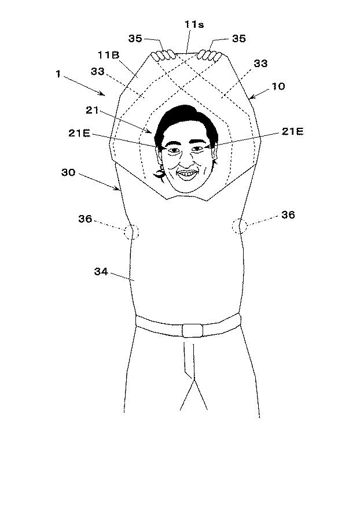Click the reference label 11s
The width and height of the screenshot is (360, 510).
click(194, 24)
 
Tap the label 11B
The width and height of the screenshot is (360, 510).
click(109, 55)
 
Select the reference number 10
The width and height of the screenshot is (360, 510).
click(278, 86)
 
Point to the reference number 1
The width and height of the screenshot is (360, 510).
click(58, 74)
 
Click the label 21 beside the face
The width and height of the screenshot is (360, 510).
click(93, 110)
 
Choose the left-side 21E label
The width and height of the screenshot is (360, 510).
click(79, 133)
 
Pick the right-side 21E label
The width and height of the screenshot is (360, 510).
click(293, 131)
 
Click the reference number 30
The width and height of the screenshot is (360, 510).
click(68, 172)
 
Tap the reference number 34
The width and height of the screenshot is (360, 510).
click(101, 271)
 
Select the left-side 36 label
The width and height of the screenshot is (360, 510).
click(85, 219)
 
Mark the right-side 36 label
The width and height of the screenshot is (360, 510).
click(288, 215)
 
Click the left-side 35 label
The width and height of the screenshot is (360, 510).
click(135, 38)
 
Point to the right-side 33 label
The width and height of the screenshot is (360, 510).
click(260, 63)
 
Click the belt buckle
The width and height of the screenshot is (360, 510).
click(192, 331)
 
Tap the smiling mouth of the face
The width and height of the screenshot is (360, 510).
click(187, 174)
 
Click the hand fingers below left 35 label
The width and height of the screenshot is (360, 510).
click(163, 56)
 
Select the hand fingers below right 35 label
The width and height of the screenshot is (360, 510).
click(210, 56)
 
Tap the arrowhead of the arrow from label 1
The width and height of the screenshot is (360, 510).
click(104, 95)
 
